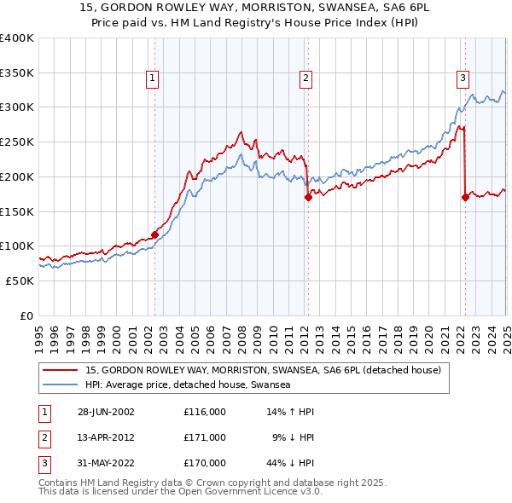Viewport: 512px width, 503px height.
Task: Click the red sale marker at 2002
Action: (154, 234)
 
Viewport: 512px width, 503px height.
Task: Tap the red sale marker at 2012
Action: (307, 197)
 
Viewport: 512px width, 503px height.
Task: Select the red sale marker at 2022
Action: (465, 197)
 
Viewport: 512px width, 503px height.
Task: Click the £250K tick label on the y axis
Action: (17, 142)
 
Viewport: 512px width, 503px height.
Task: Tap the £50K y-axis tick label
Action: (20, 280)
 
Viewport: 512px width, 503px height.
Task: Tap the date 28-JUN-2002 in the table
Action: (106, 411)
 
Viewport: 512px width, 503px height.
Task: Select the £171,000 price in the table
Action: (205, 437)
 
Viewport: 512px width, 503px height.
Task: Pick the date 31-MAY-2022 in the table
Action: (106, 463)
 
